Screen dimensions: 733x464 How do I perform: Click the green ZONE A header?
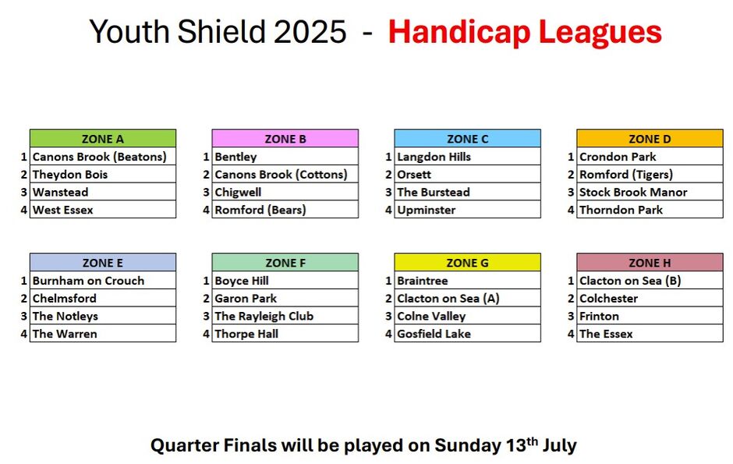103,139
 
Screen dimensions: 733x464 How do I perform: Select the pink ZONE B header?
285,139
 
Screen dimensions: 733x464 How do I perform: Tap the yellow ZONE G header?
467,263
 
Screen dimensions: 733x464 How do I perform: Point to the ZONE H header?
650,263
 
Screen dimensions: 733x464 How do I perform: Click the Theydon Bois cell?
103,174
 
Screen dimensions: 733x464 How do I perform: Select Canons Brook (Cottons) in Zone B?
285,174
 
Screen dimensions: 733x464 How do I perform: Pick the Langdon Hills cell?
467,157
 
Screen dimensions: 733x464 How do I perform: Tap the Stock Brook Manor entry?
650,192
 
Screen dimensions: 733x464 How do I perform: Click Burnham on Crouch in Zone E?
103,281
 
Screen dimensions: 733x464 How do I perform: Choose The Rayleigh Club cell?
285,316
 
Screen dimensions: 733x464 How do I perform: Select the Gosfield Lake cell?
467,334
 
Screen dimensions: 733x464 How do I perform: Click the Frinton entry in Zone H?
650,316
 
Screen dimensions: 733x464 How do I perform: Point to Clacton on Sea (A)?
467,298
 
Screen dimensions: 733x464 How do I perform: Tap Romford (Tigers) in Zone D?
650,174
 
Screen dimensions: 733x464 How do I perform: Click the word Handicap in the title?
459,33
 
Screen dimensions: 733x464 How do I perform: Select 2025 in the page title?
310,32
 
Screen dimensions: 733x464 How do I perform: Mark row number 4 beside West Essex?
24,210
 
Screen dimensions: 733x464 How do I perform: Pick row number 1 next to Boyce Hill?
206,281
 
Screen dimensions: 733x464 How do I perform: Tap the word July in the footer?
560,445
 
